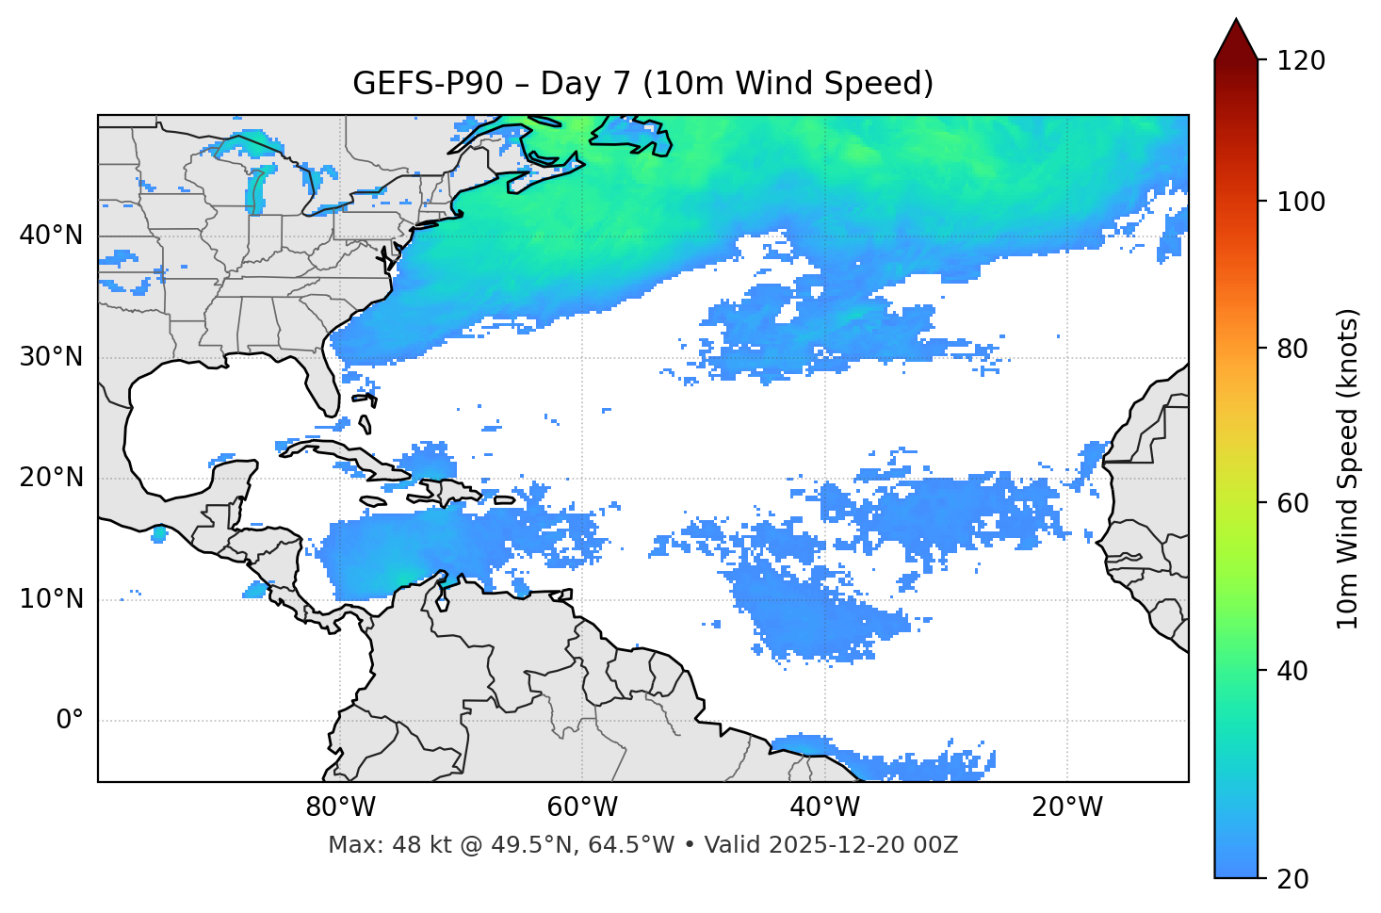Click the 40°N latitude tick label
point(51,236)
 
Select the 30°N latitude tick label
point(51,357)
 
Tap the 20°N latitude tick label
point(51,479)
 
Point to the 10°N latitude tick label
point(51,599)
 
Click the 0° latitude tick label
point(69,721)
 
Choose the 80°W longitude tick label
point(340,807)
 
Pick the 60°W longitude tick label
point(582,807)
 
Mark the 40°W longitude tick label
point(824,807)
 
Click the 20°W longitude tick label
point(1066,807)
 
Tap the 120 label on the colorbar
point(1301,61)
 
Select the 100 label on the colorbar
point(1301,202)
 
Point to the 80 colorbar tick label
point(1292,349)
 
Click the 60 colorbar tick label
point(1292,503)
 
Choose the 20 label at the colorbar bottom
point(1292,879)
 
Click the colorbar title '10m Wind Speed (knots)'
point(1348,469)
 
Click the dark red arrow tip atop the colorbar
point(1236,36)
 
